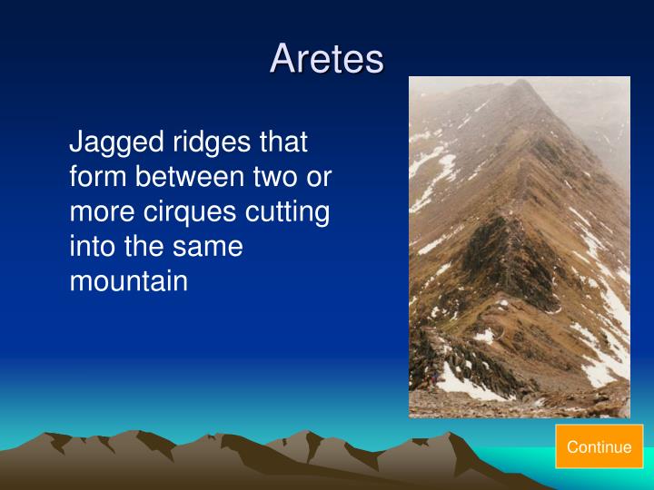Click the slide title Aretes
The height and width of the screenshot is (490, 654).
click(x=327, y=59)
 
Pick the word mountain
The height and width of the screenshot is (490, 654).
click(x=128, y=281)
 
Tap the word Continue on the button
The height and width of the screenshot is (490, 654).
click(x=599, y=446)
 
